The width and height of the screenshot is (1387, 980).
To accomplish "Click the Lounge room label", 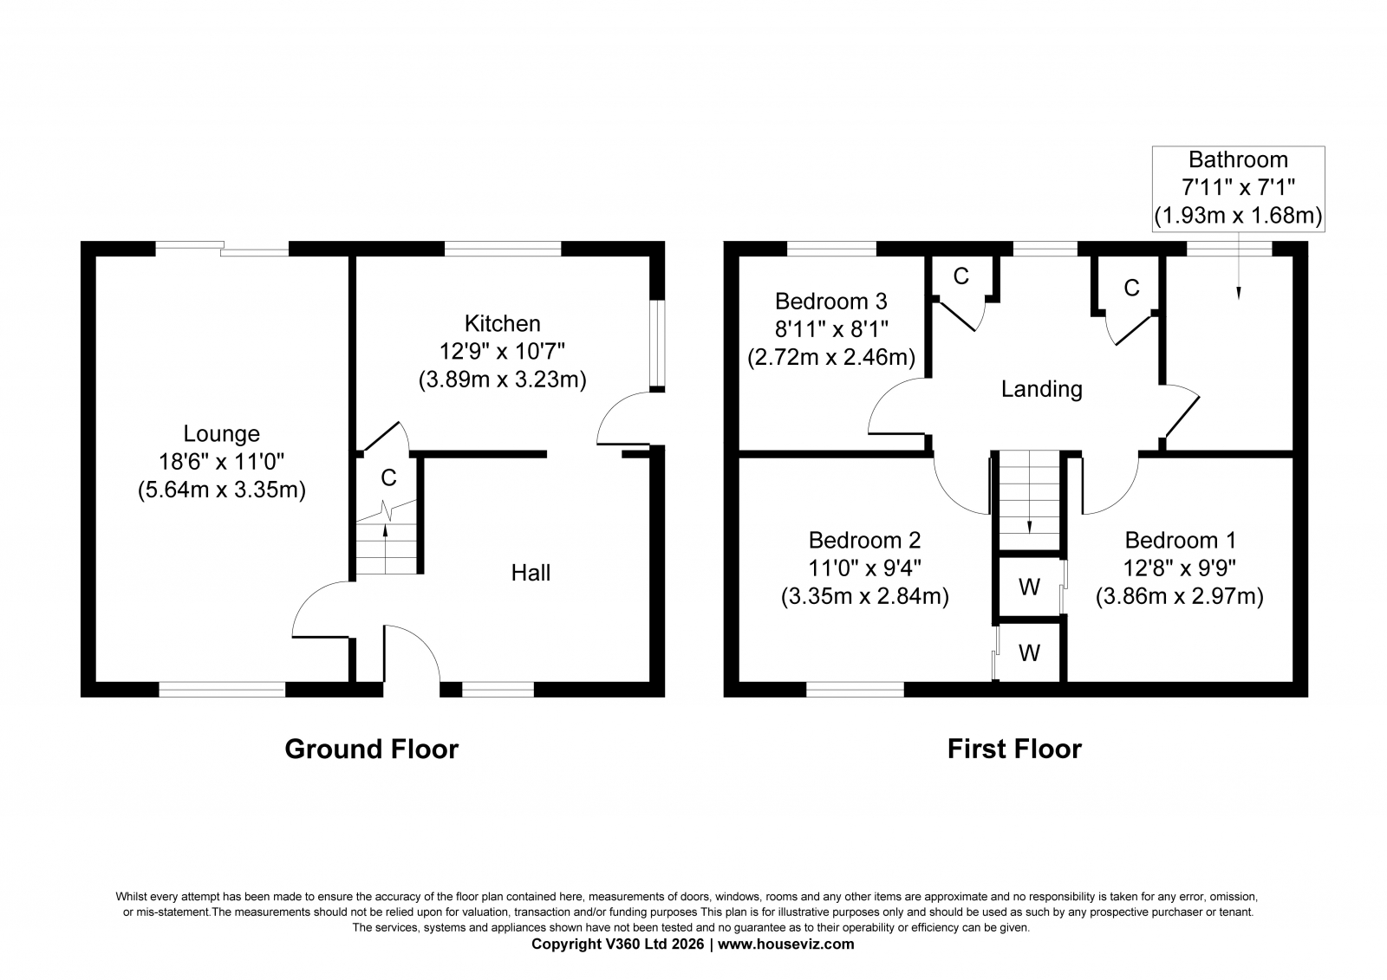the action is (x=222, y=433).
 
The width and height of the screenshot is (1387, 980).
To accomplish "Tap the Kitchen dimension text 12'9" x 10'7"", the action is (x=502, y=352).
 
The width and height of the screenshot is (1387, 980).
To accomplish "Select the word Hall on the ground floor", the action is (x=531, y=573).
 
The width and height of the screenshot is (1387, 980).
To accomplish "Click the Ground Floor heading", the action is (x=372, y=750).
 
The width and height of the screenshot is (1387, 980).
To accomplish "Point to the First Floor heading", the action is (x=1015, y=750).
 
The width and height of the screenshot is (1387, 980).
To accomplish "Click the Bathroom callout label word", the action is (x=1239, y=159).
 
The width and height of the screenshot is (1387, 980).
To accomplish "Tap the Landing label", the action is (x=1042, y=389).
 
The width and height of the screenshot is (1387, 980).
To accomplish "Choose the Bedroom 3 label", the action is (x=831, y=302).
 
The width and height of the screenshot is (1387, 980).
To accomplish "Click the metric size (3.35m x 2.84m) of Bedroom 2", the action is (x=865, y=596).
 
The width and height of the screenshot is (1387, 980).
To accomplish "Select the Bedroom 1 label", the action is (x=1180, y=541).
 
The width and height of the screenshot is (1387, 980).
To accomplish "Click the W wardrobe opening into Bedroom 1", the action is (x=1029, y=587).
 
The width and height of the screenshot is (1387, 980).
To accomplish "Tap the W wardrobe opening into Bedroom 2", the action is (x=1029, y=652).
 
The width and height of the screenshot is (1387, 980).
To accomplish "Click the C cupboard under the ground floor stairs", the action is (x=388, y=477).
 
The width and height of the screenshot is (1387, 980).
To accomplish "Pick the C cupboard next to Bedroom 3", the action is (x=961, y=276).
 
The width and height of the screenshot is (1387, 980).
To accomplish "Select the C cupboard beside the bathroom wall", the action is (x=1131, y=288).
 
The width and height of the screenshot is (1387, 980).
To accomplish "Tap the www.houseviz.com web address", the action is (x=785, y=944).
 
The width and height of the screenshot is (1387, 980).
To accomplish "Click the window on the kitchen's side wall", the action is (x=660, y=344).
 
